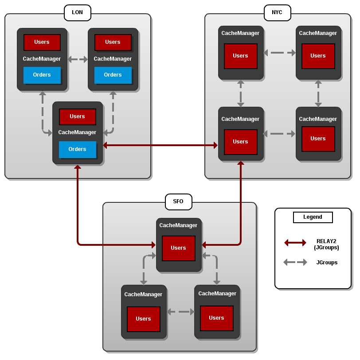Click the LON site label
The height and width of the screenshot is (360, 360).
coord(77,12)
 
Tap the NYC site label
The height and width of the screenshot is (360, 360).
coord(277,12)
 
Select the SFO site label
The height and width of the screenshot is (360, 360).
coord(178,201)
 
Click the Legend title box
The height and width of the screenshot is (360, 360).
coord(313,217)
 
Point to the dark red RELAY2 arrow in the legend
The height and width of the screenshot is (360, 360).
coord(295,243)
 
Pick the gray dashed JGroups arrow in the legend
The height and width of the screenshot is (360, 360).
coord(295,262)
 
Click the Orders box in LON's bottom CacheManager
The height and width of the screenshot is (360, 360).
coord(77,149)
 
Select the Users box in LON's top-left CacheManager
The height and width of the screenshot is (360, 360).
coord(42,42)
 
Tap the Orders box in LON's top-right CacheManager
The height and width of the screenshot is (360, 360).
coord(113,75)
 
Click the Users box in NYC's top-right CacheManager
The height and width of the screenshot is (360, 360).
coord(318,56)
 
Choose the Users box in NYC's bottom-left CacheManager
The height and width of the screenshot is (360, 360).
coord(240,142)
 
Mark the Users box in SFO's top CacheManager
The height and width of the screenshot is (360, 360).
coord(178,248)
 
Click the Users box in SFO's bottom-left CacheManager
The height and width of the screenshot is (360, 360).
coord(143,319)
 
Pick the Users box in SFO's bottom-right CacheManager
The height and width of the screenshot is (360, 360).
coord(216,318)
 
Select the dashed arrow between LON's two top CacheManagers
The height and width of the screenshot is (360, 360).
coord(78,59)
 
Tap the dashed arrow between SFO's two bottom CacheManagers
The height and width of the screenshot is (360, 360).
coord(181,312)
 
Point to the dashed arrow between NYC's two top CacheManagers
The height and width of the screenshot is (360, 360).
coord(279,53)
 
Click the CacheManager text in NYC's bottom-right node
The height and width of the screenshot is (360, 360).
coord(318,119)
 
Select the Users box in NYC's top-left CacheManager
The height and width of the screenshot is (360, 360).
coord(240,56)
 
